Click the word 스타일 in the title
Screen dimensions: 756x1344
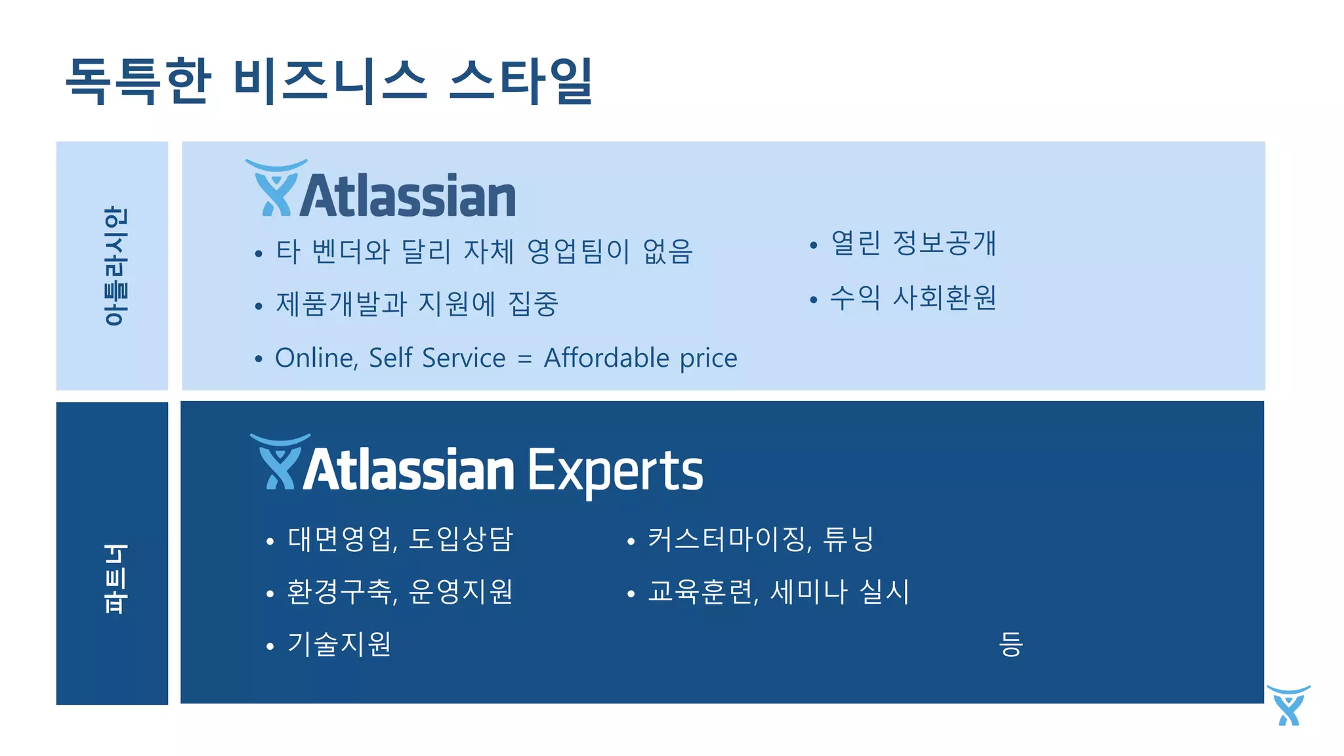pos(522,80)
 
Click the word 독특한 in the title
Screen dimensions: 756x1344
pos(138,80)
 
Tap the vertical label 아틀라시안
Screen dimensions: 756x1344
pos(115,266)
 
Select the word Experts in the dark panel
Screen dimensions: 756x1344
pos(615,471)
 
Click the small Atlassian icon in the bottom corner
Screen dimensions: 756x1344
pos(1288,705)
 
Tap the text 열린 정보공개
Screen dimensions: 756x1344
pos(913,243)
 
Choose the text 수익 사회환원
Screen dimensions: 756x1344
pos(913,298)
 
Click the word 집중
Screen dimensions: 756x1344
pos(533,304)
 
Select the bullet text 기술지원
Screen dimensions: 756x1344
pos(339,644)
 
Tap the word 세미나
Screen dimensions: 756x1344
pos(808,592)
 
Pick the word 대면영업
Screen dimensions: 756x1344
pos(341,539)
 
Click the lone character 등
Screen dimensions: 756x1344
pos(1011,644)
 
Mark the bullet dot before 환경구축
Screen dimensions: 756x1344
pos(270,594)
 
